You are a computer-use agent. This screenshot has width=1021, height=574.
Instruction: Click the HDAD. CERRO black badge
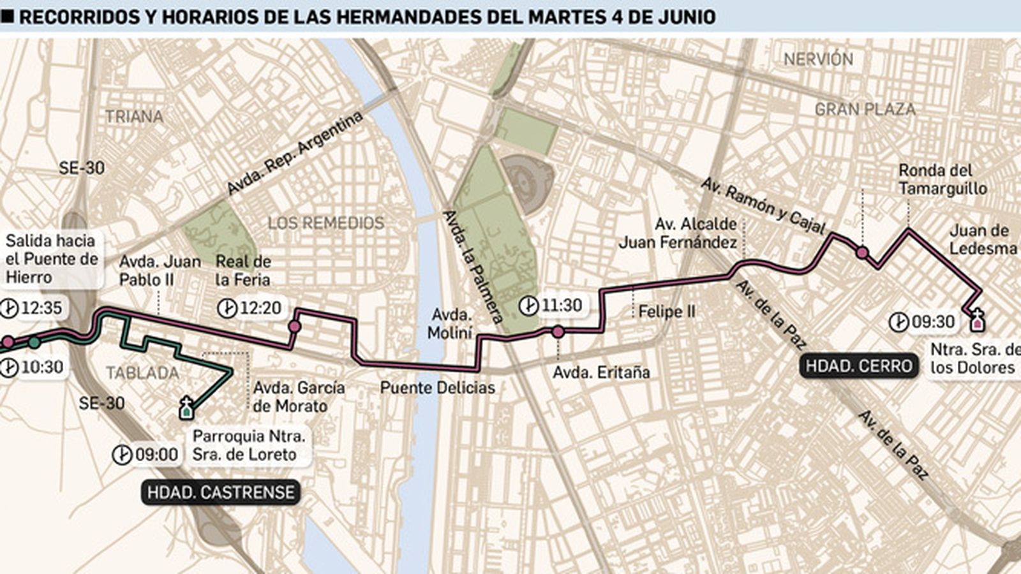pyautogui.click(x=858, y=366)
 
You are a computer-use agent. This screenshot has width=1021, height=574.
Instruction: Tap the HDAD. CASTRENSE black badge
pyautogui.click(x=221, y=492)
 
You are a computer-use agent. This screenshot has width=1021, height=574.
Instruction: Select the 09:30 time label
pyautogui.click(x=932, y=321)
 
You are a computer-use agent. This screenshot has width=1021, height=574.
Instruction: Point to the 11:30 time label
pyautogui.click(x=562, y=305)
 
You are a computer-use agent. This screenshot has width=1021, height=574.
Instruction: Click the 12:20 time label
pyautogui.click(x=260, y=308)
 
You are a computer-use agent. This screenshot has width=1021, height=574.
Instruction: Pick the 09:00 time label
pyautogui.click(x=156, y=455)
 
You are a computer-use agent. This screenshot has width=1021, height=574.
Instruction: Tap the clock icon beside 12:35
pyautogui.click(x=9, y=309)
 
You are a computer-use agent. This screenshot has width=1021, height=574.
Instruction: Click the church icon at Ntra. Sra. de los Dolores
pyautogui.click(x=976, y=320)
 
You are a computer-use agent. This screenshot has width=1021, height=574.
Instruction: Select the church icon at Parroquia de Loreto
pyautogui.click(x=186, y=408)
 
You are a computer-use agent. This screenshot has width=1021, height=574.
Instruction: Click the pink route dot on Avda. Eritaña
pyautogui.click(x=558, y=332)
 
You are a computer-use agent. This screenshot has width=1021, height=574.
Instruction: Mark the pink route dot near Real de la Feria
pyautogui.click(x=294, y=327)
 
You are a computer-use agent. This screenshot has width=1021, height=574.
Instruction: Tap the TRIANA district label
pyautogui.click(x=134, y=117)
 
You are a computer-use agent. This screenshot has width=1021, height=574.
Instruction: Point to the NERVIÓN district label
pyautogui.click(x=818, y=59)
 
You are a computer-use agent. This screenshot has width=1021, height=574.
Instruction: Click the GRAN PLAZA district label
pyautogui.click(x=865, y=110)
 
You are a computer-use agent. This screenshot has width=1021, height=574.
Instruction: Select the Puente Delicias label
pyautogui.click(x=437, y=387)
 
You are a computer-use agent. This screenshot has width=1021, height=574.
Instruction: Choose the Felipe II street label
pyautogui.click(x=667, y=312)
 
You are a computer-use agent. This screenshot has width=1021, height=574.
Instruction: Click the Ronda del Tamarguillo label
pyautogui.click(x=942, y=179)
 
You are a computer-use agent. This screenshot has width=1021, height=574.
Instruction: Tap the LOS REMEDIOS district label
pyautogui.click(x=325, y=223)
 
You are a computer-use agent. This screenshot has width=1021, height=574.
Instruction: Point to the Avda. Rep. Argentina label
pyautogui.click(x=295, y=154)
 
